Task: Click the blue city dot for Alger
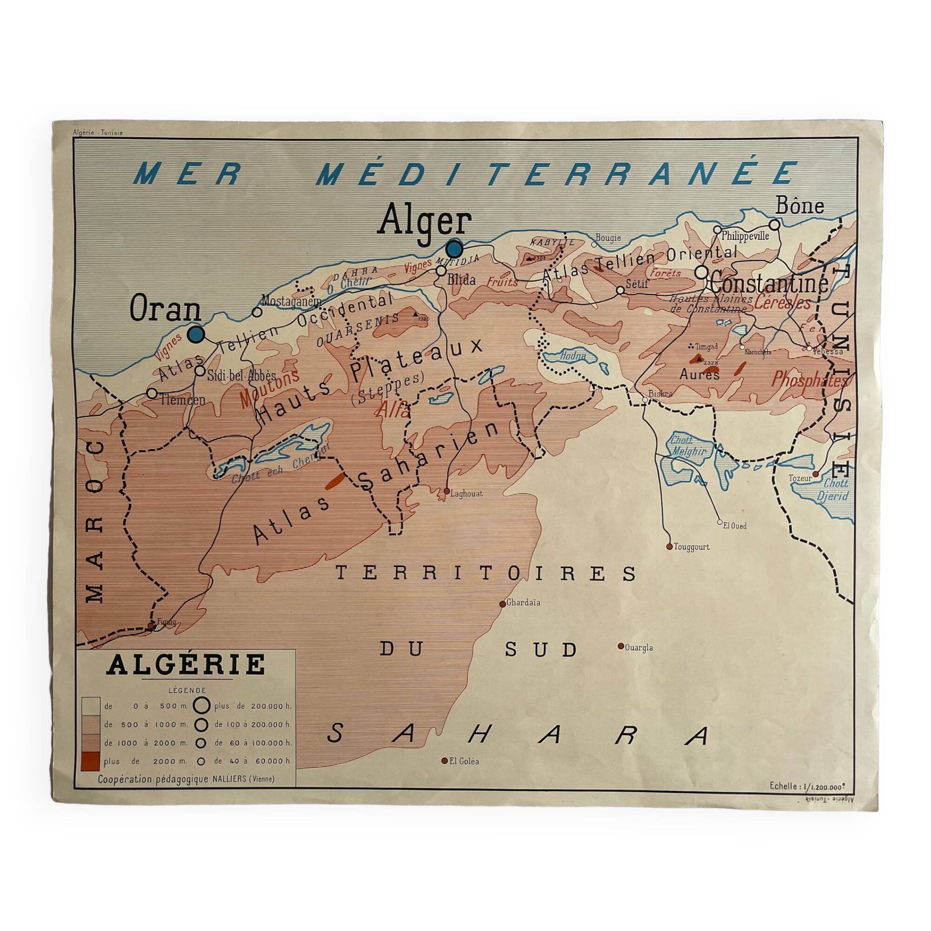tap(454, 249)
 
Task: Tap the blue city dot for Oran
tap(196, 334)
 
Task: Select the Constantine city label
tap(769, 284)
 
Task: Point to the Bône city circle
tap(775, 224)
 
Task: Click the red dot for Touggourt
tap(669, 546)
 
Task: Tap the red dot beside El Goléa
tap(444, 761)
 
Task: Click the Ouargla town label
tap(639, 648)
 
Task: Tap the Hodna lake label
tap(573, 356)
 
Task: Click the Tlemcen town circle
tap(152, 393)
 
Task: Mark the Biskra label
tap(660, 394)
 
